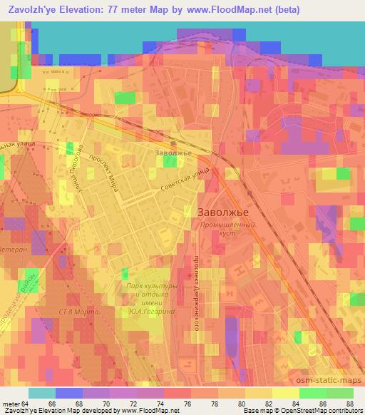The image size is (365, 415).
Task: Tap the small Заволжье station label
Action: (x=173, y=152)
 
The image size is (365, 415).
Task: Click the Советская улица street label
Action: (x=185, y=180)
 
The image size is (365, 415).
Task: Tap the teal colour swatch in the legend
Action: (x=41, y=392)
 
